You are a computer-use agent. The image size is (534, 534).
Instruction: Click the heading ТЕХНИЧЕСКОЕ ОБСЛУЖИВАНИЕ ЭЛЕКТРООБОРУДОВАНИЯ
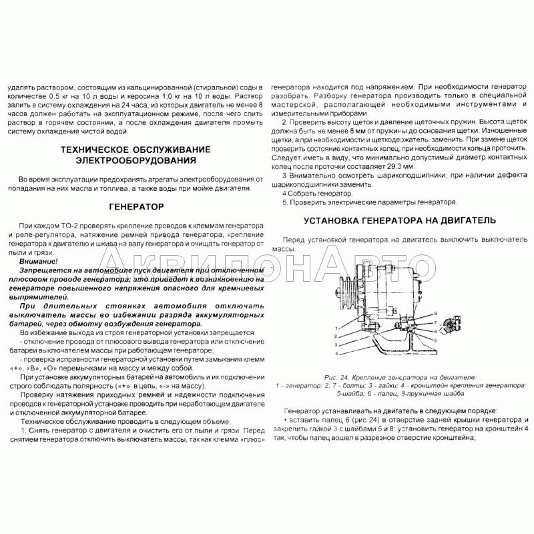click(x=135, y=155)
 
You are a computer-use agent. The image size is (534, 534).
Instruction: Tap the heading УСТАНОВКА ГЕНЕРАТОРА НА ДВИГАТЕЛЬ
click(x=399, y=220)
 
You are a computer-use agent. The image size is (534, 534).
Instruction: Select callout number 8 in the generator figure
click(x=435, y=313)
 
